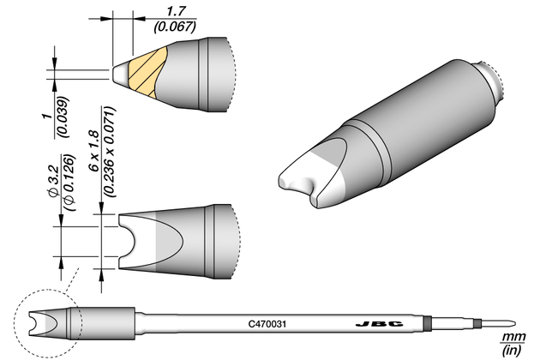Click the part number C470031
(267, 324)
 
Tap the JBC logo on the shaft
(379, 324)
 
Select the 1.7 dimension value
(176, 12)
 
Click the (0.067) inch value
(176, 27)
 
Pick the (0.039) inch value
(63, 117)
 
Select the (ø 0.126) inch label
(69, 183)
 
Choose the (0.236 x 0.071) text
(110, 152)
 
